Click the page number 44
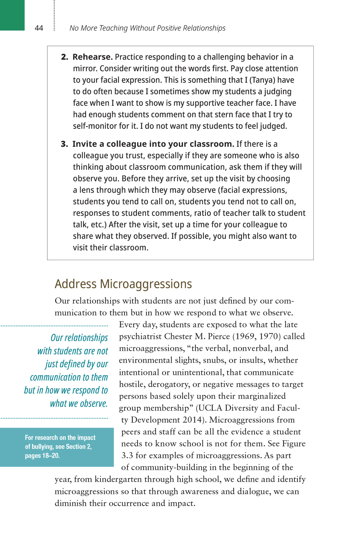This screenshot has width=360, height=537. point(39,28)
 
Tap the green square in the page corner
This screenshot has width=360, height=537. point(12,15)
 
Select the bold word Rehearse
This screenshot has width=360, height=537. point(93,57)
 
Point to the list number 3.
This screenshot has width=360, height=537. point(64,144)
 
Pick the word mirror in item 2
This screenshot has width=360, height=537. point(85,68)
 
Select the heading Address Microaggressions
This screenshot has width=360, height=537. point(123,284)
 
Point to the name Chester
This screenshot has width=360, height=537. point(178,336)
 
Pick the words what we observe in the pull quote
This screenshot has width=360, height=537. point(79,404)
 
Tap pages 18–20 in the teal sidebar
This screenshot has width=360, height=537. point(42,455)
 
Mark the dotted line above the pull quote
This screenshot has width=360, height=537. point(54,326)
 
